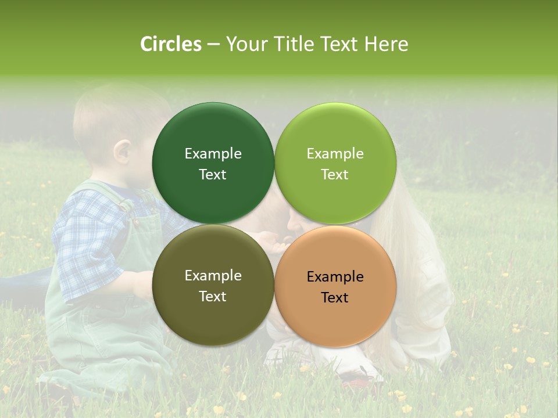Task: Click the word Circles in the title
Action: pos(171,44)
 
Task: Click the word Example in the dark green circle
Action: pos(213,154)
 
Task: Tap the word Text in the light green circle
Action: pos(335,175)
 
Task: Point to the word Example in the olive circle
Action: pos(213,276)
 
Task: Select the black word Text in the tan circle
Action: pos(335,298)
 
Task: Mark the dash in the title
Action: pos(213,44)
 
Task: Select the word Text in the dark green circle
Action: pos(213,175)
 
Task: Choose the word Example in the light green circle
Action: pos(335,154)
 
